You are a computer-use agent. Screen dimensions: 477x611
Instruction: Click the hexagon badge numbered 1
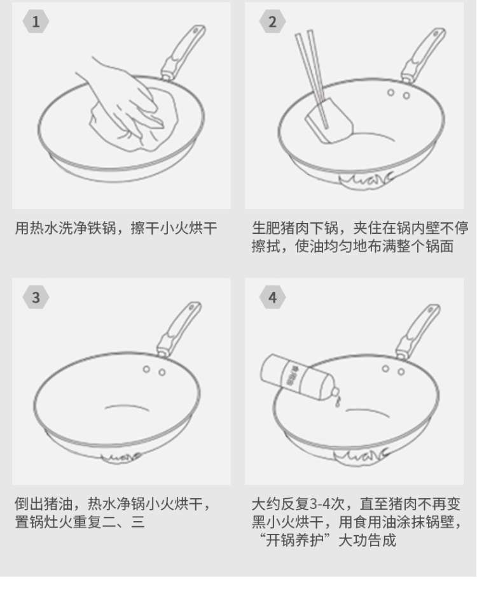click(x=36, y=22)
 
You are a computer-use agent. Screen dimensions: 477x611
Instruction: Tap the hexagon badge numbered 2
click(x=272, y=22)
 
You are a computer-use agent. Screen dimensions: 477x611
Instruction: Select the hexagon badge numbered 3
click(x=36, y=298)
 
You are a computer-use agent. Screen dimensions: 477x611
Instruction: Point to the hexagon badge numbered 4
click(x=272, y=298)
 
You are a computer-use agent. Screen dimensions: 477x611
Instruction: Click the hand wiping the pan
click(x=125, y=97)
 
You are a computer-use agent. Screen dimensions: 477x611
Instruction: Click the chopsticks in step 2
click(x=312, y=78)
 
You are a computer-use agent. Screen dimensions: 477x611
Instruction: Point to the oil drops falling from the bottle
click(x=338, y=402)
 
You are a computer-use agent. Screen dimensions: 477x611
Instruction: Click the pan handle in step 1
click(x=183, y=53)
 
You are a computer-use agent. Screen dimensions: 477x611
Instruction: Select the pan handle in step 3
click(x=179, y=329)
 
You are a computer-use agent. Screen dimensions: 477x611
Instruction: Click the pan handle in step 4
click(x=418, y=331)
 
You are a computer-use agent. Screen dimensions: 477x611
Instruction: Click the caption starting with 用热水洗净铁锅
click(x=116, y=228)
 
